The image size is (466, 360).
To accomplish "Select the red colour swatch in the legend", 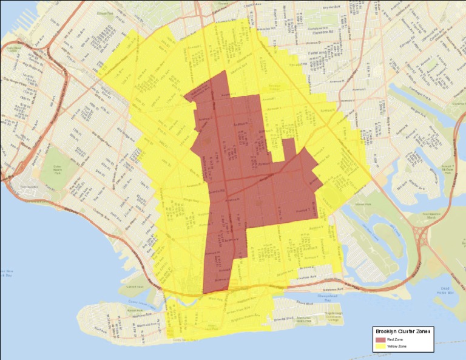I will click(381, 339).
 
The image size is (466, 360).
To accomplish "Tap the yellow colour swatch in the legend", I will click(381, 346).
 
